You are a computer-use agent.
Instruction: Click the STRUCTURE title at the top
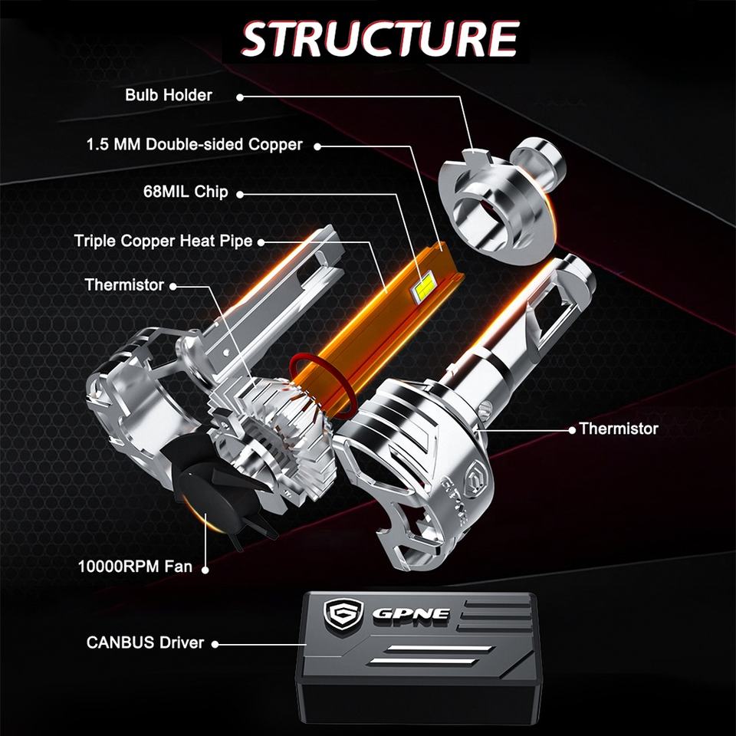[379, 39]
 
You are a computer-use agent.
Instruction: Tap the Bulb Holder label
[169, 95]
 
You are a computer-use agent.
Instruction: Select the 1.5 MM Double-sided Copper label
[194, 145]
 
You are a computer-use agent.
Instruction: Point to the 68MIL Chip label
[186, 192]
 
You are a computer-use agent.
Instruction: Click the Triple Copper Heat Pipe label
[163, 241]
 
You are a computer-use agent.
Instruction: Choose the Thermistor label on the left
[124, 285]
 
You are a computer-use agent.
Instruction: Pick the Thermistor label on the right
[618, 429]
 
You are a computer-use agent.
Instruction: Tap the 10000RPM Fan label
[135, 567]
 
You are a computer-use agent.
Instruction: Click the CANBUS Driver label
[145, 642]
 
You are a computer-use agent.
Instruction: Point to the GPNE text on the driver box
[411, 614]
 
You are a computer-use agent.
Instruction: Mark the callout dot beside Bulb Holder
[240, 97]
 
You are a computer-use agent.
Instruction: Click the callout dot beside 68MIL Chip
[240, 194]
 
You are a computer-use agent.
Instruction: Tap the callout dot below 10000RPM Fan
[205, 570]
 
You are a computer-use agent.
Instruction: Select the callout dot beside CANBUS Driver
[215, 645]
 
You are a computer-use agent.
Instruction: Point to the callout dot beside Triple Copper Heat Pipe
[261, 243]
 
